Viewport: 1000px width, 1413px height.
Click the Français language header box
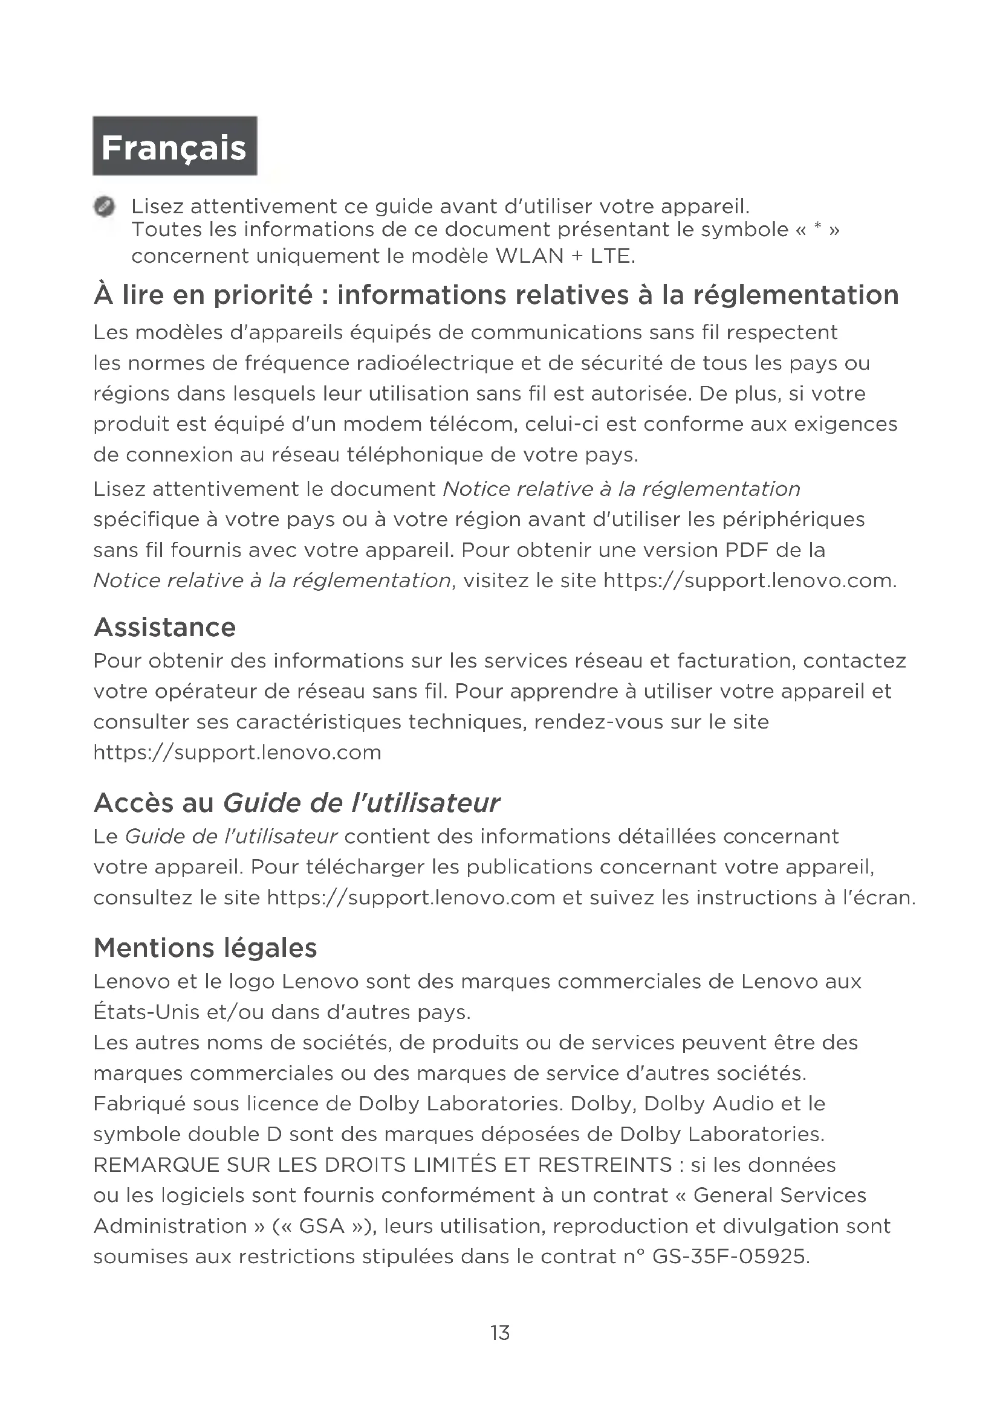pos(175,146)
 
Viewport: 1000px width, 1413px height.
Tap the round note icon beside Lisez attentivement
pos(104,207)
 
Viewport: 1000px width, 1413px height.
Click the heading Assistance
pos(164,627)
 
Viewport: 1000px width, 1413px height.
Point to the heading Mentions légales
pos(205,948)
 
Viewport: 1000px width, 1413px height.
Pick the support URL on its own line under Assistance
pos(237,752)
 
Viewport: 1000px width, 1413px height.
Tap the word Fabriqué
pos(139,1104)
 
